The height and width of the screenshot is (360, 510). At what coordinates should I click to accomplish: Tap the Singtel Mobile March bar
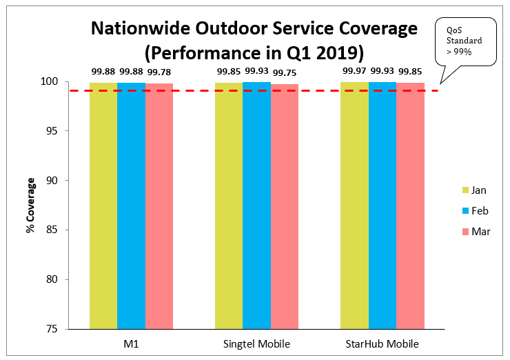pos(285,206)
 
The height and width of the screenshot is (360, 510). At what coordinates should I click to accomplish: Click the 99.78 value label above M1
pos(159,70)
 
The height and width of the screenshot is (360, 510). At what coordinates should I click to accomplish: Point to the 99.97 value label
pos(354,70)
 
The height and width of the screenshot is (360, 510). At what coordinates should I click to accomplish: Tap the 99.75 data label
pos(285,70)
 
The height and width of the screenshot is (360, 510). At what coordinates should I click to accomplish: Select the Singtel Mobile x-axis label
pos(256,343)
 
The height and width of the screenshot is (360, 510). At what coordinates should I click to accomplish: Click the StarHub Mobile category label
pos(382,343)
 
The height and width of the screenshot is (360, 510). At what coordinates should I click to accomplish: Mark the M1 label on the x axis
pos(131,343)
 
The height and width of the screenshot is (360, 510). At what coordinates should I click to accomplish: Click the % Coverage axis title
pos(30,206)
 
